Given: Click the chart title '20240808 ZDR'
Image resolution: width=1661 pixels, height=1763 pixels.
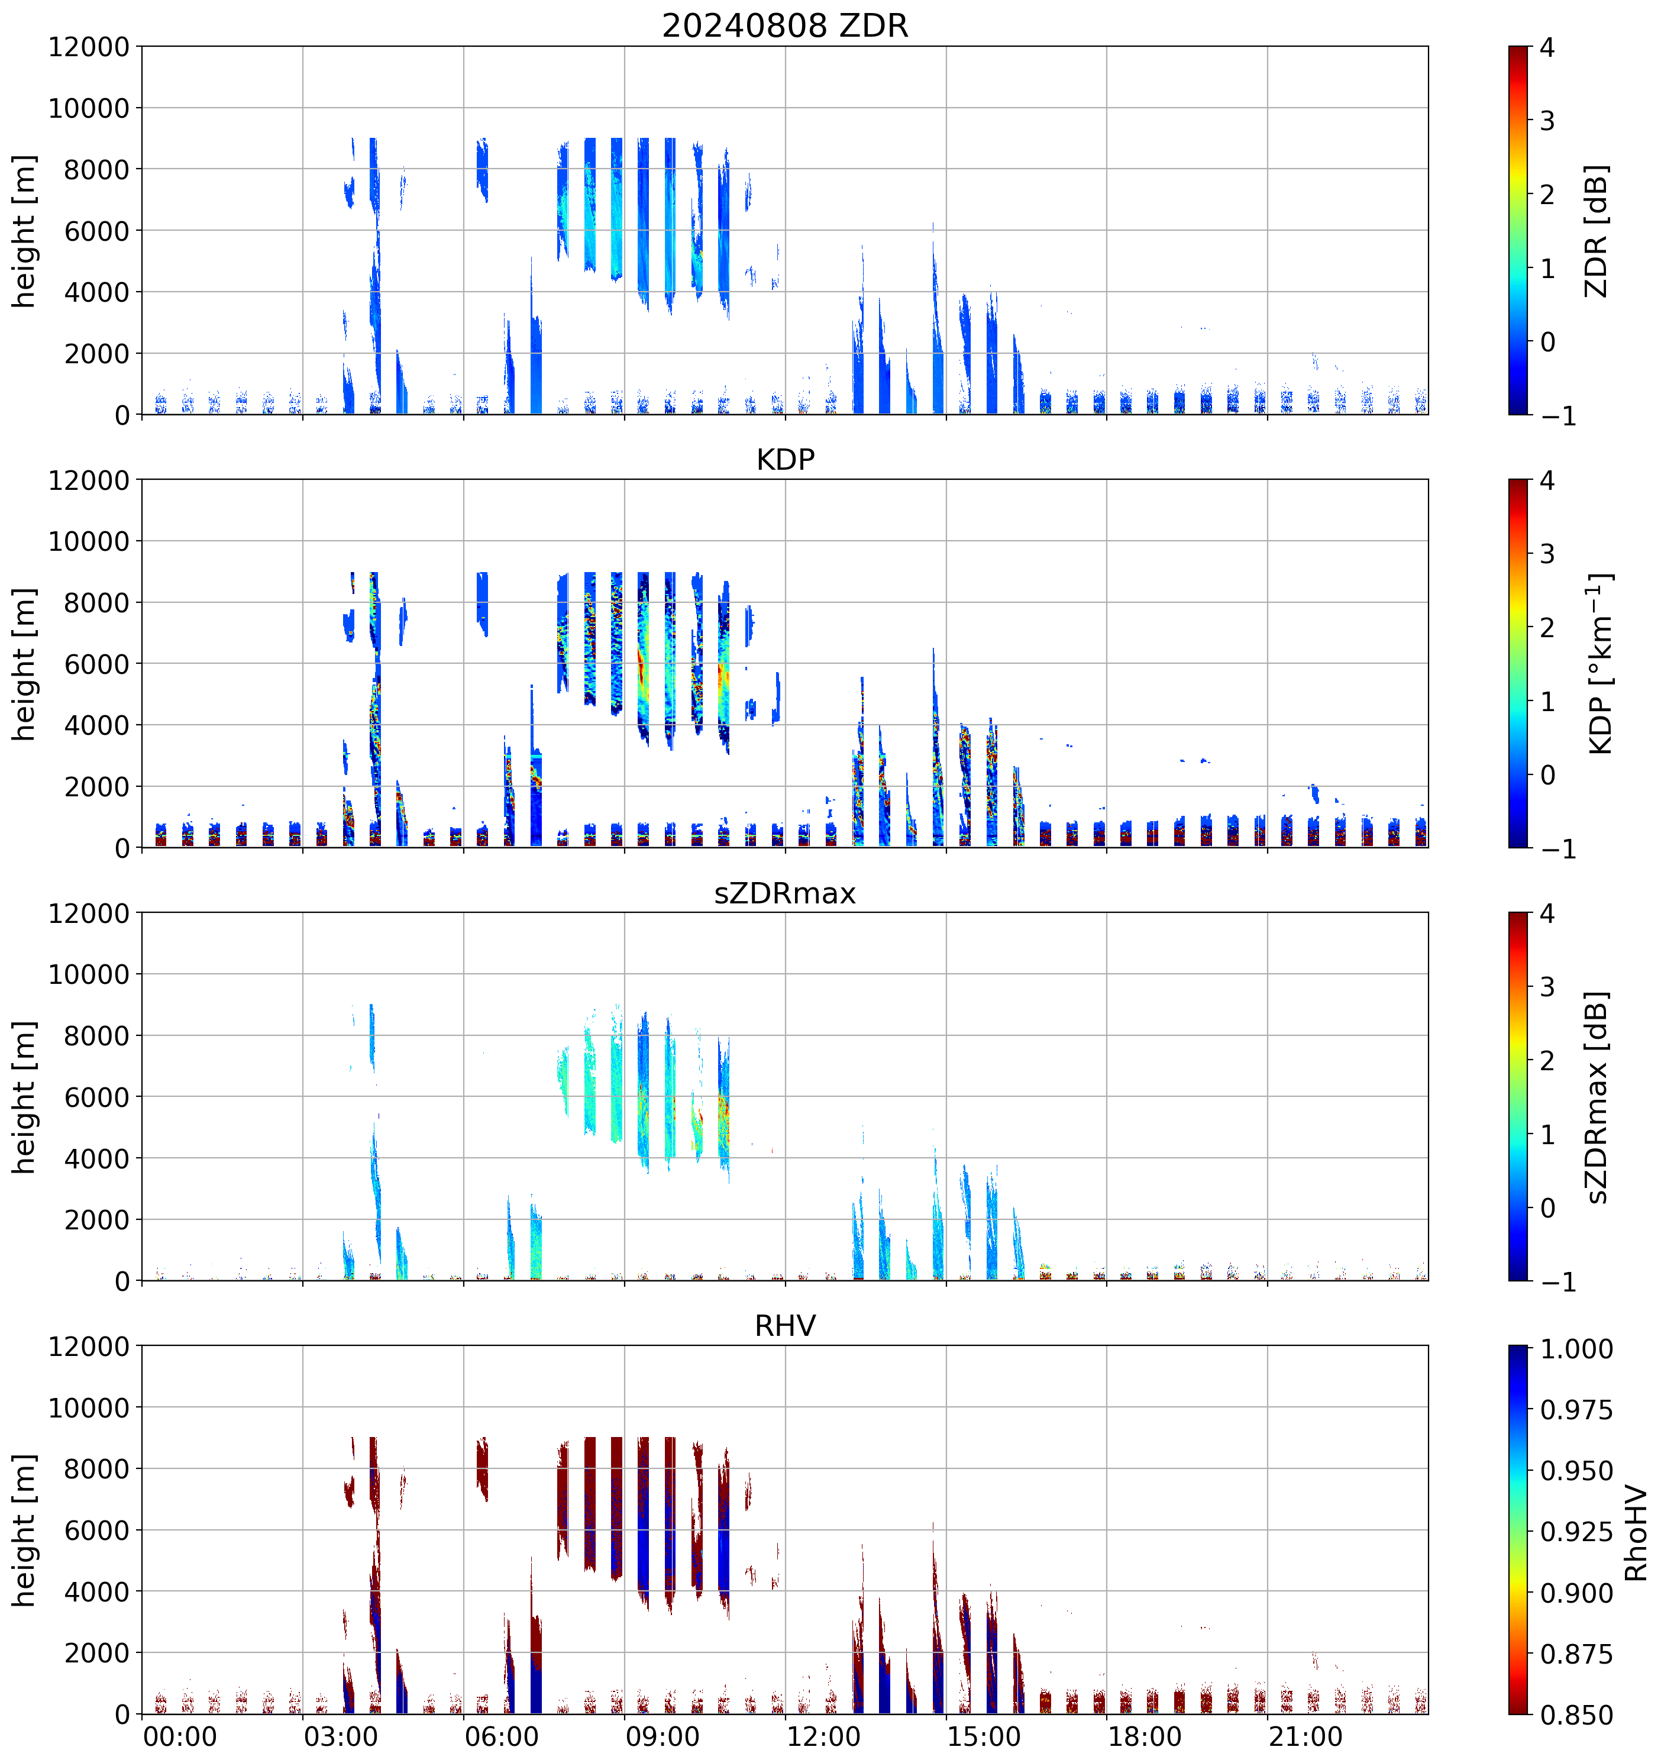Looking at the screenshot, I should point(785,25).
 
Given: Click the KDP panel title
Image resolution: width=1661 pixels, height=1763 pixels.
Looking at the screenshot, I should point(785,459).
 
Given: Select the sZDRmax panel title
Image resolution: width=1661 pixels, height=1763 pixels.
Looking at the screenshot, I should point(785,893).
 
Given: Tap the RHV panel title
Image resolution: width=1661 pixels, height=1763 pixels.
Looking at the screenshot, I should point(785,1326).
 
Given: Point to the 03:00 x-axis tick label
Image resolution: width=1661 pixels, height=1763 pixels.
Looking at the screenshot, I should point(341,1736).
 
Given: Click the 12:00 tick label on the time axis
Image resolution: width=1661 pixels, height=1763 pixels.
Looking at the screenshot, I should point(823,1736).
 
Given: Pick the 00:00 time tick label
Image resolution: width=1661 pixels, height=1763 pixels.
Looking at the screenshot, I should point(180,1736).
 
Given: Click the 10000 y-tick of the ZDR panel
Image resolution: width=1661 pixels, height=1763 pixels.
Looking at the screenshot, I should point(89,108).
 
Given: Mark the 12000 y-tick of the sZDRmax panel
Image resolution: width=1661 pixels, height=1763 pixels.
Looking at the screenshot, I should point(89,912).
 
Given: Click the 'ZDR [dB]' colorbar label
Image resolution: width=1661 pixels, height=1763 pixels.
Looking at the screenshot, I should point(1597,231).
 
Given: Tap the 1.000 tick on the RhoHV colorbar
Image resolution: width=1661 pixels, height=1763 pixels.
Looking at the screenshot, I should point(1576,1349).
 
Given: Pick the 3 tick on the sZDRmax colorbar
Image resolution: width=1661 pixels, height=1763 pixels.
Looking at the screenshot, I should point(1547,986).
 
